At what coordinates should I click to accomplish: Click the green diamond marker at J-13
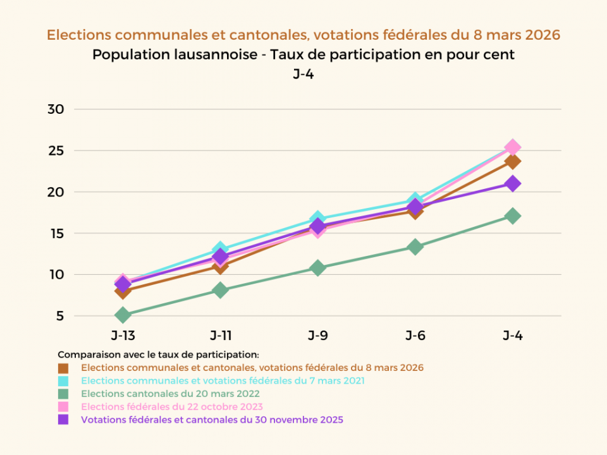(x=123, y=315)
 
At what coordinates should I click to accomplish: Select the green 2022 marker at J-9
(x=318, y=267)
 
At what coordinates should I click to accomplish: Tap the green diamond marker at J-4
(x=513, y=215)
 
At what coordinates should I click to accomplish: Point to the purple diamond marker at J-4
(x=513, y=183)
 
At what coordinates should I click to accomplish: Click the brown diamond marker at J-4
(x=513, y=161)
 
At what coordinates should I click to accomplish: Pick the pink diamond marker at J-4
(x=513, y=147)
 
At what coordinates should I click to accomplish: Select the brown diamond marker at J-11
(x=221, y=266)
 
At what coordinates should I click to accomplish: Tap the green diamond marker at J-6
(x=415, y=246)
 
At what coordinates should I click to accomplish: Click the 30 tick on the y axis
(x=56, y=109)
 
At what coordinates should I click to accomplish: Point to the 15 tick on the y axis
(x=56, y=233)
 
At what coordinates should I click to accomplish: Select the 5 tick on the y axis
(x=59, y=316)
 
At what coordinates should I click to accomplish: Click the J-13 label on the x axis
(x=123, y=336)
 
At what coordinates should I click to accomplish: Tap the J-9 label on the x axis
(x=318, y=336)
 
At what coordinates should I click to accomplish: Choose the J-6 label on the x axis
(x=415, y=336)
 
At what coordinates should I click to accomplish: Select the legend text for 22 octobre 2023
(x=172, y=406)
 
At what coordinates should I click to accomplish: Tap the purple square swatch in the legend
(x=63, y=420)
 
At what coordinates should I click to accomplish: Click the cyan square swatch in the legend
(x=63, y=381)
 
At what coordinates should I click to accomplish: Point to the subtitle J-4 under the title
(x=303, y=74)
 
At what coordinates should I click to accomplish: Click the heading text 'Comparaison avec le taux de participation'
(x=159, y=355)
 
